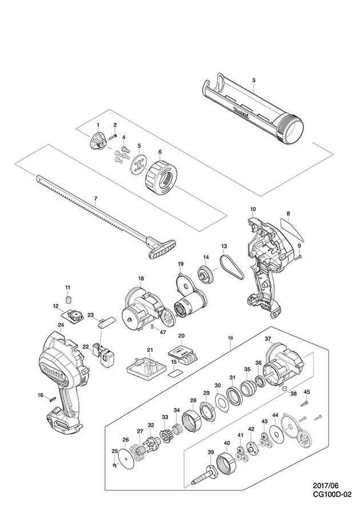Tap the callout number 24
pyautogui.click(x=61, y=325)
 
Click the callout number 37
pyautogui.click(x=267, y=339)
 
